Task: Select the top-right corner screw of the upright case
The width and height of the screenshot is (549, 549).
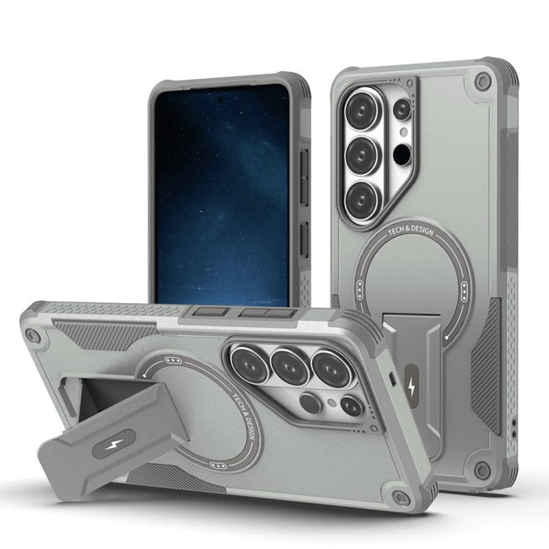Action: point(483,81)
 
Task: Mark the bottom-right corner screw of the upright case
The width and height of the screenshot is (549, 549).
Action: point(482,470)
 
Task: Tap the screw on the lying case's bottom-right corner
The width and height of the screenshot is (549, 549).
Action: point(401,497)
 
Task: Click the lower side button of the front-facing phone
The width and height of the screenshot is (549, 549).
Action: point(304,239)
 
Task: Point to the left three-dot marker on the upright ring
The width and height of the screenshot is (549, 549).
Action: point(359,289)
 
